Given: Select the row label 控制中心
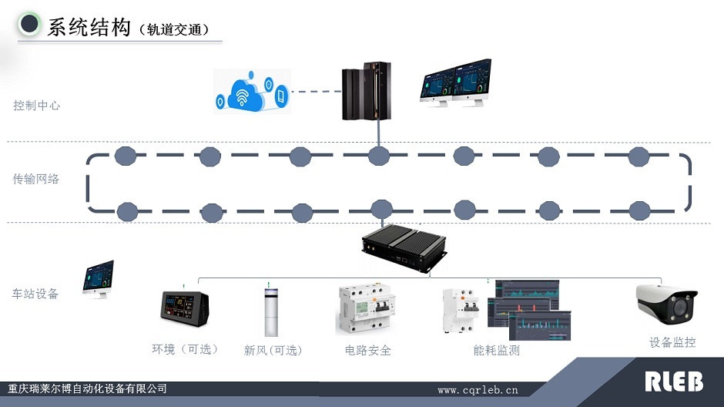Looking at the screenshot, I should [x=36, y=106].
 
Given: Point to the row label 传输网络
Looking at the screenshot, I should [x=36, y=179].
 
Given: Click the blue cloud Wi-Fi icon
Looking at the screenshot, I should [x=252, y=90].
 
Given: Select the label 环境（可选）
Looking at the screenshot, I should [x=185, y=349].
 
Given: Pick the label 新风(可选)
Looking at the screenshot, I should [x=273, y=350].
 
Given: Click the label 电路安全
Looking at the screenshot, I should [x=368, y=350].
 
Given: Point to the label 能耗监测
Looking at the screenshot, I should [x=497, y=350].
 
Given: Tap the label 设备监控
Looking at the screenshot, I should [x=672, y=342].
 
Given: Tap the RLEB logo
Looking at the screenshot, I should [x=673, y=381].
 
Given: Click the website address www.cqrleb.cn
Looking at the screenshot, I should [x=478, y=390].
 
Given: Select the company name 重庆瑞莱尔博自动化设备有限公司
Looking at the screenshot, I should [x=87, y=388].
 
